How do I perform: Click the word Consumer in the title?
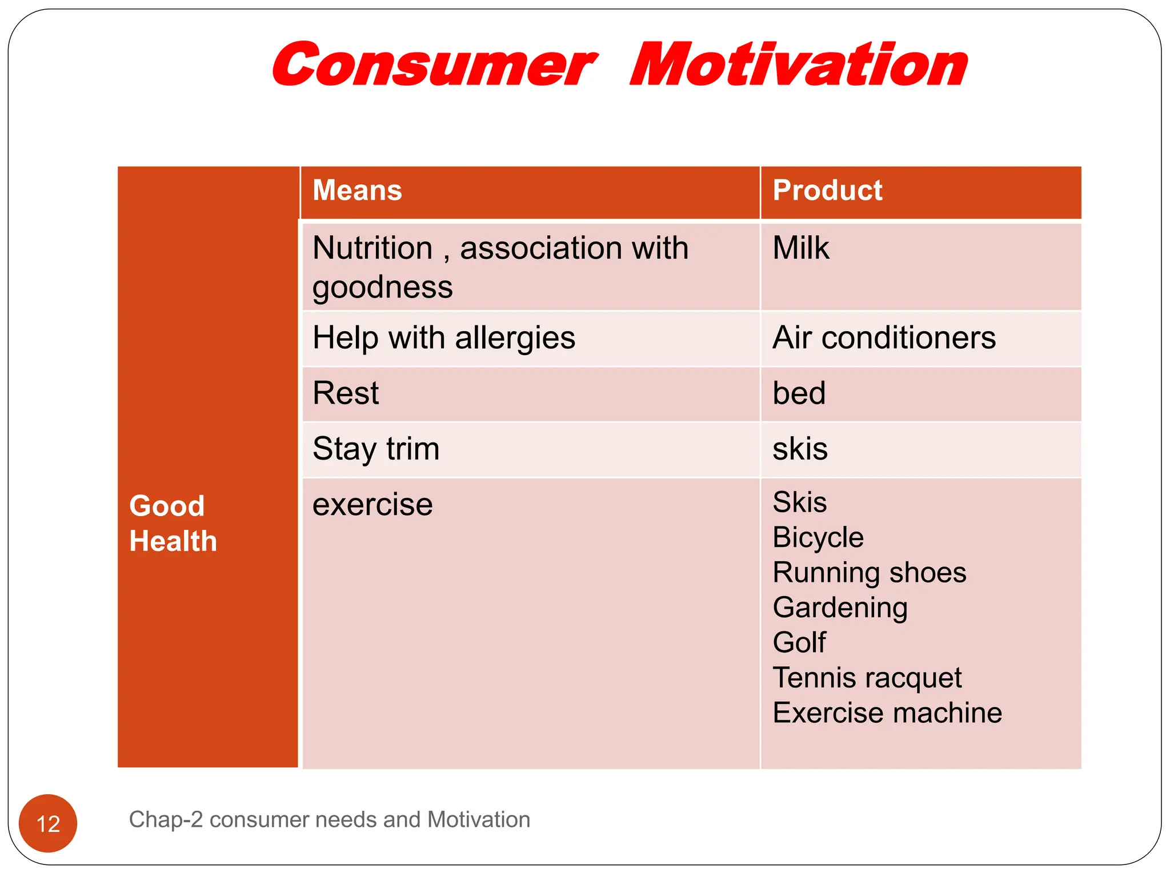click(x=434, y=66)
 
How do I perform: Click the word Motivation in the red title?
click(x=799, y=66)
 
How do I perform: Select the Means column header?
click(x=357, y=190)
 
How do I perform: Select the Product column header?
click(x=827, y=190)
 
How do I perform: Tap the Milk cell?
click(x=800, y=248)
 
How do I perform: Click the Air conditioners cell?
click(x=884, y=337)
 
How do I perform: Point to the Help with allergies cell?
click(x=444, y=337)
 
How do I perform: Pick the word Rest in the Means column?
click(x=346, y=393)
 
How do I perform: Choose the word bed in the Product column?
click(x=799, y=393)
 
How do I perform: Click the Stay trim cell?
click(x=376, y=449)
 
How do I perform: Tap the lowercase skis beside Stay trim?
click(x=800, y=449)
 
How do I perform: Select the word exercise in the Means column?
click(x=372, y=505)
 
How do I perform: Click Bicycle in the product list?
click(x=818, y=538)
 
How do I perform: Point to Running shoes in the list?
click(x=869, y=573)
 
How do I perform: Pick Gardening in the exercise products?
click(x=840, y=608)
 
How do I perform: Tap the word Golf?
click(x=799, y=642)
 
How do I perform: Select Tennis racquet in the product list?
click(x=867, y=678)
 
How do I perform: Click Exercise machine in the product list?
click(x=887, y=713)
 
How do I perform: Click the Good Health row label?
click(x=173, y=523)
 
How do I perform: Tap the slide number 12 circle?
click(x=48, y=823)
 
